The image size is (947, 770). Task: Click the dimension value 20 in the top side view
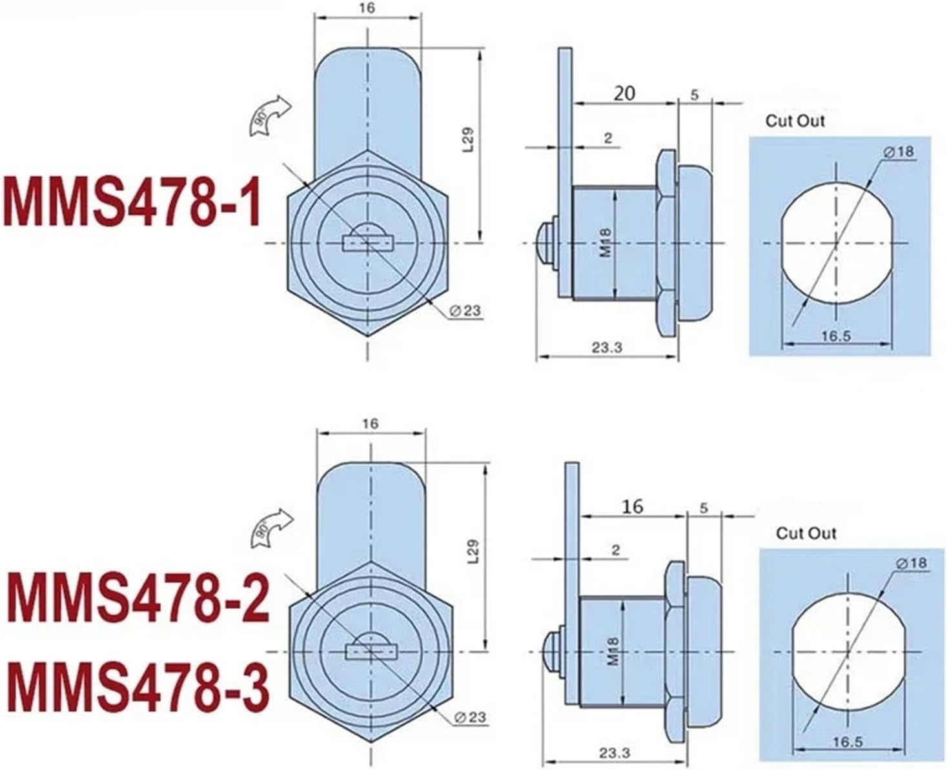pyautogui.click(x=624, y=94)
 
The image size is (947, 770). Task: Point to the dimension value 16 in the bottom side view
pyautogui.click(x=633, y=506)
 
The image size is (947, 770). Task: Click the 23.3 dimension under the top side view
pyautogui.click(x=606, y=348)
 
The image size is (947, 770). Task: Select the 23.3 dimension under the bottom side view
pyautogui.click(x=613, y=753)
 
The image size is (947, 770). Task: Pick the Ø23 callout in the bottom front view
pyautogui.click(x=471, y=717)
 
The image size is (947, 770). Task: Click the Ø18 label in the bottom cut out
pyautogui.click(x=910, y=563)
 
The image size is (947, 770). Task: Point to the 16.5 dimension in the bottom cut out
pyautogui.click(x=847, y=742)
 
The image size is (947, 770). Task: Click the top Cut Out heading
pyautogui.click(x=795, y=121)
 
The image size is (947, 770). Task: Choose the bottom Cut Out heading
pyautogui.click(x=806, y=533)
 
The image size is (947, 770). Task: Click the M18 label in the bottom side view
pyautogui.click(x=612, y=652)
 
